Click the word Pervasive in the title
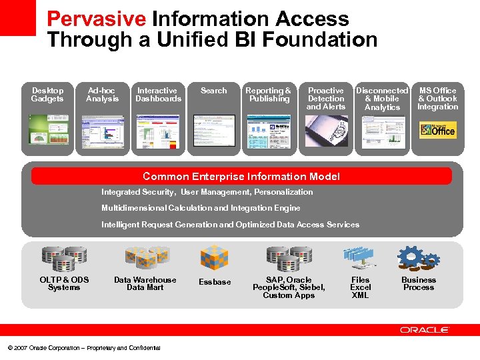click(97, 19)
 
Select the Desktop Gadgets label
click(47, 95)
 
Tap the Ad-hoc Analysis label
click(102, 95)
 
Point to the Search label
click(214, 91)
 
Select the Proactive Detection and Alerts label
click(326, 99)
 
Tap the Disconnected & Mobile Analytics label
click(382, 99)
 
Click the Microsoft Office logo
click(438, 129)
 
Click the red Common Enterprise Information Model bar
click(241, 177)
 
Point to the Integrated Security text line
click(207, 192)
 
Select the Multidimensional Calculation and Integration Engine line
click(201, 208)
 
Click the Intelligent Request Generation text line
click(230, 225)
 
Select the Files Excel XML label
click(360, 287)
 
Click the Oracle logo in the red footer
click(425, 330)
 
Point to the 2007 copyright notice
click(84, 348)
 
